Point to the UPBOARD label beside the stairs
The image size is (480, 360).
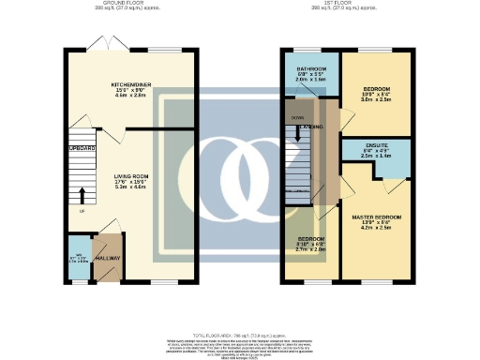pyautogui.click(x=82, y=148)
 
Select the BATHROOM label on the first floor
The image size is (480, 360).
pyautogui.click(x=312, y=69)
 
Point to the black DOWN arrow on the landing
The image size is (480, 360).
pyautogui.click(x=299, y=131)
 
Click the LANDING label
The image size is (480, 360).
pyautogui.click(x=313, y=126)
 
